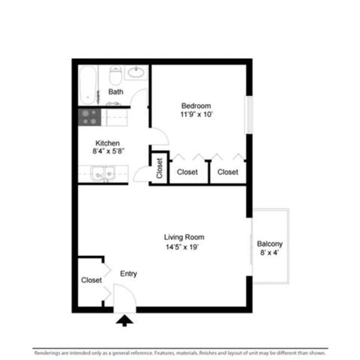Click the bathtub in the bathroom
tap(87, 85)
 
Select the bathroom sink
tap(136, 72)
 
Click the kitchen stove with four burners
tap(89, 117)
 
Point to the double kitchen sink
tap(102, 172)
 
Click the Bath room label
tap(116, 92)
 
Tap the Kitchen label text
tap(107, 143)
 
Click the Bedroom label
tap(196, 106)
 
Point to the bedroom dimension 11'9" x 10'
tap(196, 114)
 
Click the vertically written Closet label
tap(159, 167)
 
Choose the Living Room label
tap(184, 237)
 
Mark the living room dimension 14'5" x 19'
tap(184, 247)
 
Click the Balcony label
tap(270, 244)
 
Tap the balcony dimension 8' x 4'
tap(270, 254)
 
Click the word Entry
tap(128, 274)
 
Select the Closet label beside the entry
tap(91, 281)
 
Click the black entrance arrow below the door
tap(126, 321)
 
